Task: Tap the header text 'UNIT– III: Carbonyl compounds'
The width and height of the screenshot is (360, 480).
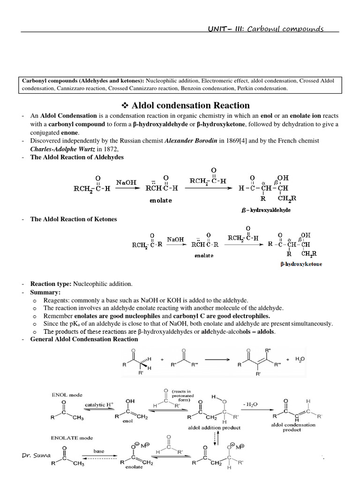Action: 266,29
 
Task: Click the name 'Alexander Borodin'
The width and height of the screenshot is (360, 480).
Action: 193,141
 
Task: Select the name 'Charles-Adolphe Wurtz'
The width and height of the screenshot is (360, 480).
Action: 62,149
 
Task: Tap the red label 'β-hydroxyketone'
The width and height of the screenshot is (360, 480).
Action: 301,264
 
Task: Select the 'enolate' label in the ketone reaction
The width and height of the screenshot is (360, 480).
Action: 204,256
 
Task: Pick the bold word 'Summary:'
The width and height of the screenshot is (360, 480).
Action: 45,292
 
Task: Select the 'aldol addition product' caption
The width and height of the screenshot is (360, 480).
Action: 214,428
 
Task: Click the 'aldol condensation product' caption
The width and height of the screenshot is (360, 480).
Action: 293,427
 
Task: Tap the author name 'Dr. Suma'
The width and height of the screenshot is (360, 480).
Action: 36,455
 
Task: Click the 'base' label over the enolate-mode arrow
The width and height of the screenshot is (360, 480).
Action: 99,451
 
